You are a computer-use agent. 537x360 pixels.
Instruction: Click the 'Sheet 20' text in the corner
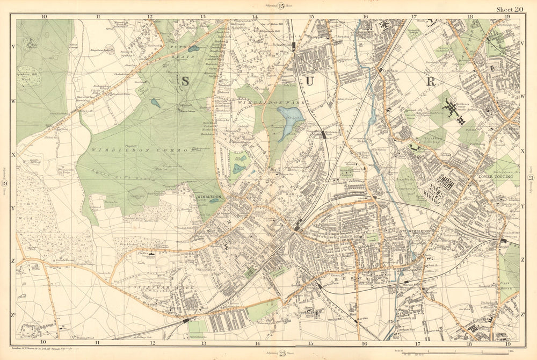click(x=509, y=9)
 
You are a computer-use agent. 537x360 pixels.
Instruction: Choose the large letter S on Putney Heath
click(x=184, y=81)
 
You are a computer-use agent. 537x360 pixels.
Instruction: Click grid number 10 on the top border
click(x=44, y=17)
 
